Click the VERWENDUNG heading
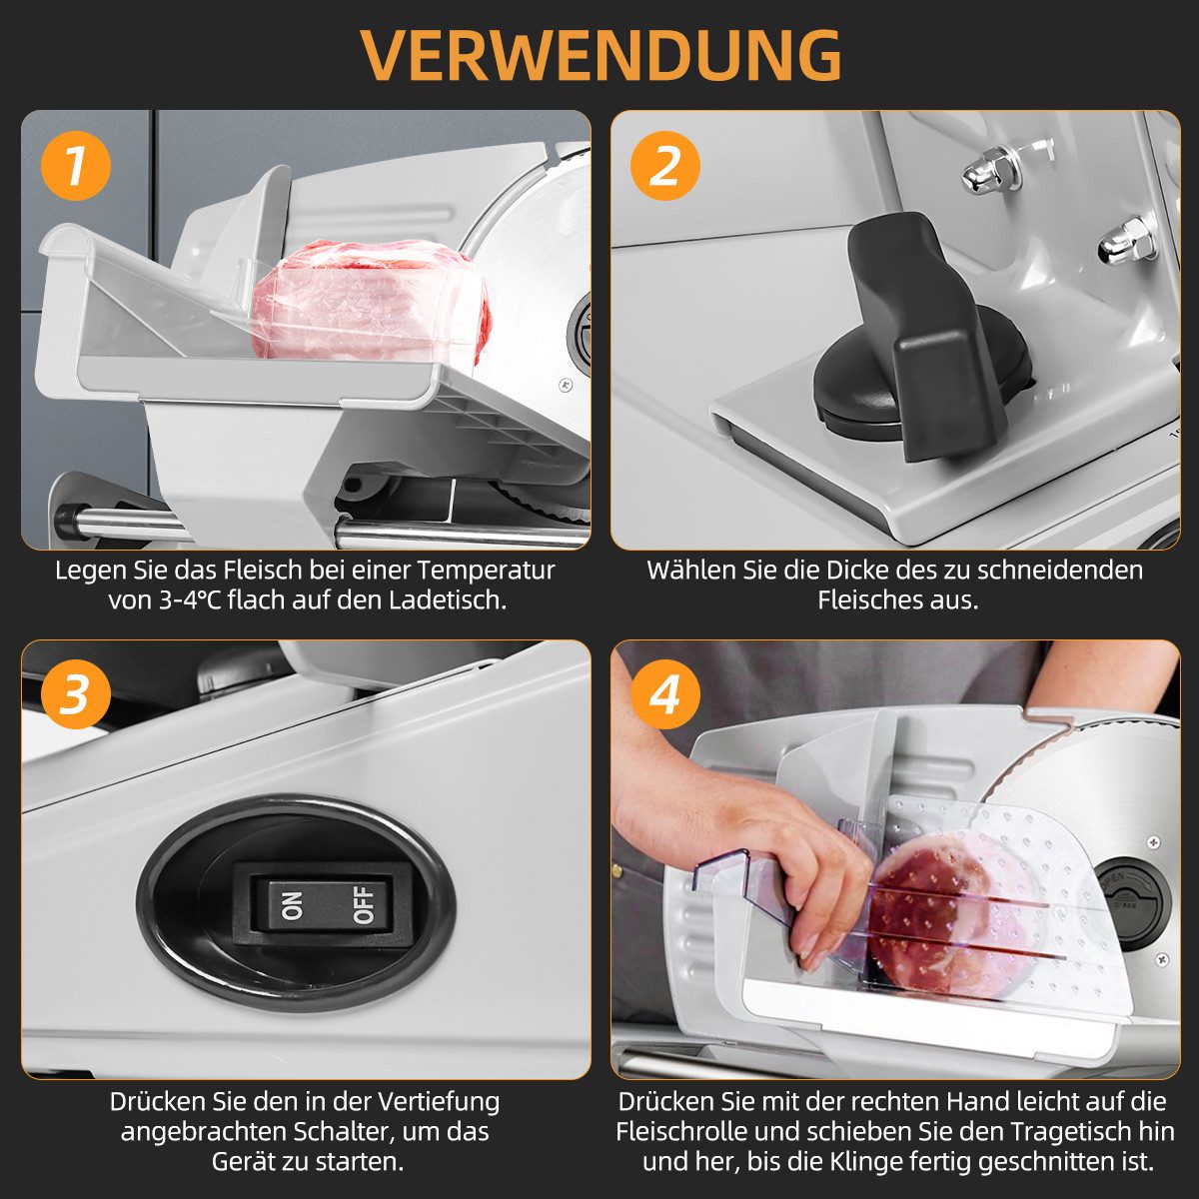(601, 54)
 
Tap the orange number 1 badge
(75, 166)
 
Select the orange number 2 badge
(664, 166)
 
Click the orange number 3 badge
(75, 694)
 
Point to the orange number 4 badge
(664, 694)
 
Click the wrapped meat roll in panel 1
(372, 301)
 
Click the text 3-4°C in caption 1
(190, 600)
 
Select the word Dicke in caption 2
(858, 570)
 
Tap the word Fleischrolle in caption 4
(680, 1130)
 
